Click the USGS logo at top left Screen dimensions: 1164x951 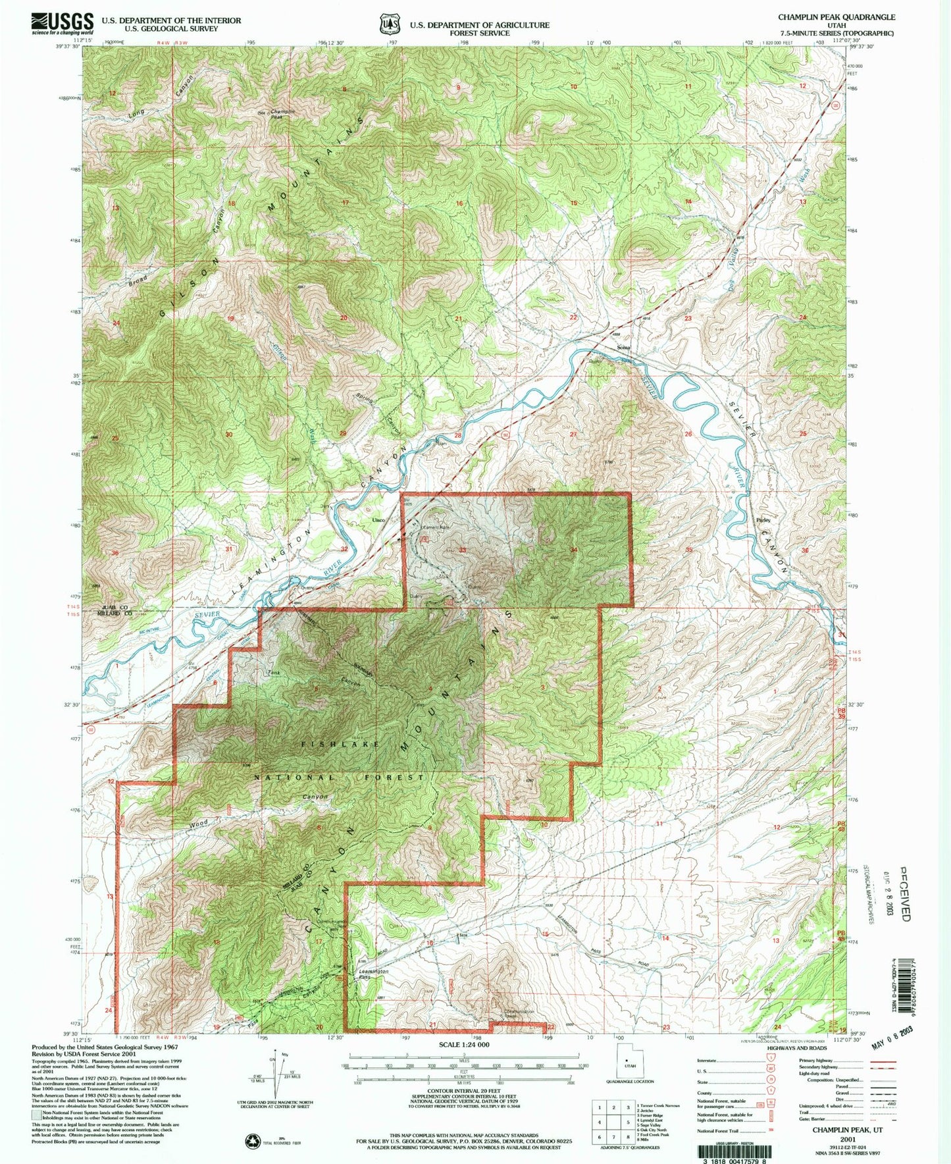point(63,24)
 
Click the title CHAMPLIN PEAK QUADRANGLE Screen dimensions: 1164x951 point(836,17)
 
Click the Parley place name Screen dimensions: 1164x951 point(763,520)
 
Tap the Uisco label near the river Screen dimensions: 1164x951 point(378,520)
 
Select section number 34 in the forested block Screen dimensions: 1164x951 point(574,549)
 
